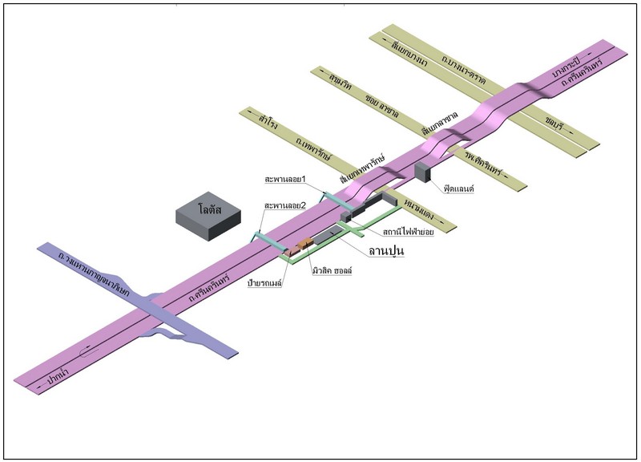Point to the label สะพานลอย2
coord(287,206)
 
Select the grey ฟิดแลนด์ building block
coord(422,172)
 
